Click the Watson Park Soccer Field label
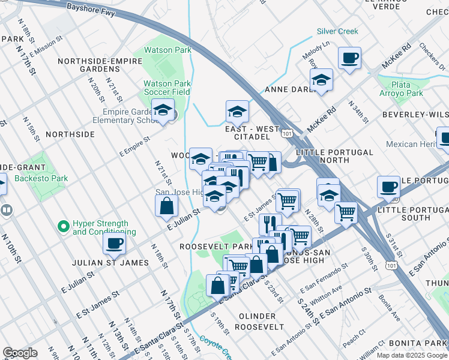[166, 88]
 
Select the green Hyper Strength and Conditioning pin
[62, 227]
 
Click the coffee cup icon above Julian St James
[114, 243]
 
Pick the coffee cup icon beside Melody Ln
[349, 58]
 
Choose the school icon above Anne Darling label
[322, 79]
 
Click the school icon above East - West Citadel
[237, 111]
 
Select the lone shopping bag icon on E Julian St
[166, 206]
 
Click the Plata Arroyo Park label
[401, 89]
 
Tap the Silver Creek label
[337, 31]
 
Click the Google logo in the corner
[20, 353]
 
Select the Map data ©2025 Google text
[412, 355]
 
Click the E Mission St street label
[46, 47]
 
